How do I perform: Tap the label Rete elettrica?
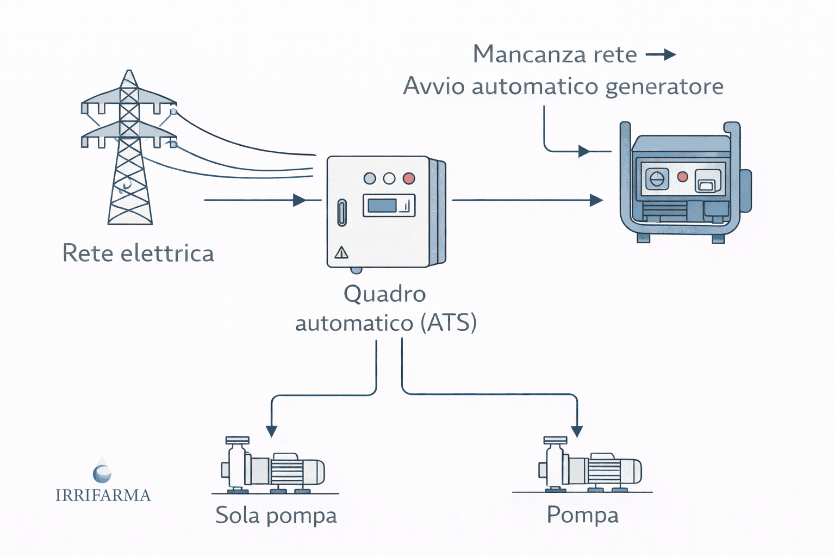coord(138,253)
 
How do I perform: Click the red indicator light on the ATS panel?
coord(408,178)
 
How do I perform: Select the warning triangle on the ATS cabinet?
coord(341,252)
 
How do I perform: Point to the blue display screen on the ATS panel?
coord(382,206)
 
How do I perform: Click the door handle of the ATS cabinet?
coord(342,212)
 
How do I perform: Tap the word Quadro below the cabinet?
coord(384,294)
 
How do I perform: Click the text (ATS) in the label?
coord(448,323)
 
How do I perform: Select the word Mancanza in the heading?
coord(521,54)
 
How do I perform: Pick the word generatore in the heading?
coord(664,86)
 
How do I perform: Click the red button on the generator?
coord(683,177)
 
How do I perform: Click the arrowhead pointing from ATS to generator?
coord(596,200)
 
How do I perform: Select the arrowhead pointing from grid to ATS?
coord(299,200)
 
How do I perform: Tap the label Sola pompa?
coord(276,516)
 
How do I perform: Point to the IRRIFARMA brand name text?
coord(103,496)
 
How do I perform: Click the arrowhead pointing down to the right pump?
coord(577,431)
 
